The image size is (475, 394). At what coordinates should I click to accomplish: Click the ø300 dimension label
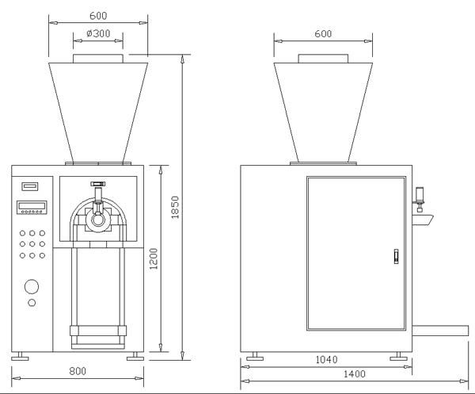click(x=97, y=35)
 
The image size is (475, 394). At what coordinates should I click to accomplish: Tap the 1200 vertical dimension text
click(x=154, y=258)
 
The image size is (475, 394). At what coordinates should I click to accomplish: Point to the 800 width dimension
click(x=77, y=369)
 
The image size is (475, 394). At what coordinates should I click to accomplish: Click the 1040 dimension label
click(x=326, y=360)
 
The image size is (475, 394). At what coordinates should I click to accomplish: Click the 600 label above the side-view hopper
click(x=322, y=34)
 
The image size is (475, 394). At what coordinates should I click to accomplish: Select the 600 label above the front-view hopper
click(x=98, y=14)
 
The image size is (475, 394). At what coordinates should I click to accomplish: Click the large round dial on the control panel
click(x=32, y=287)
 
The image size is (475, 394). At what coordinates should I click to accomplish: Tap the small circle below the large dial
click(x=32, y=303)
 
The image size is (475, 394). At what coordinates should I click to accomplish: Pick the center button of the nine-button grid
click(x=32, y=244)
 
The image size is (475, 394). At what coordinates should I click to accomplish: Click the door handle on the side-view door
click(x=395, y=257)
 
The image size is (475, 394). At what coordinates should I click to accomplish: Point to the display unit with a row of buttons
click(x=32, y=208)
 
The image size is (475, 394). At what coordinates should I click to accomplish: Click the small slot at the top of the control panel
click(x=31, y=187)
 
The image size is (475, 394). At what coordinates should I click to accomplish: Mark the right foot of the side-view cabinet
click(x=400, y=357)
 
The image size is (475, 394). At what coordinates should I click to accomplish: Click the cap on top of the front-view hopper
click(x=98, y=59)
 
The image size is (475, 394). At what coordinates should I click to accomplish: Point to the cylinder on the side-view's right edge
click(x=420, y=195)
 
